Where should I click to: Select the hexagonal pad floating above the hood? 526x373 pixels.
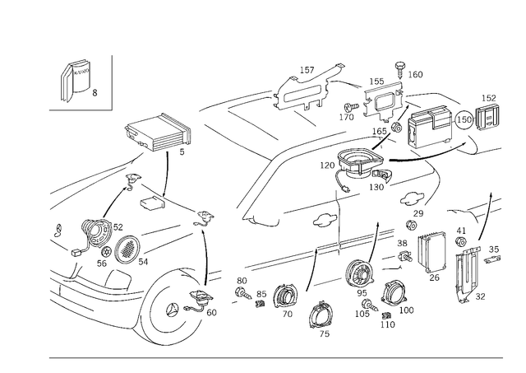pos(156,132)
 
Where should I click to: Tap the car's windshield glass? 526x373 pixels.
pos(304,189)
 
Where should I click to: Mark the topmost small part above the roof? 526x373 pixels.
pos(400,66)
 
